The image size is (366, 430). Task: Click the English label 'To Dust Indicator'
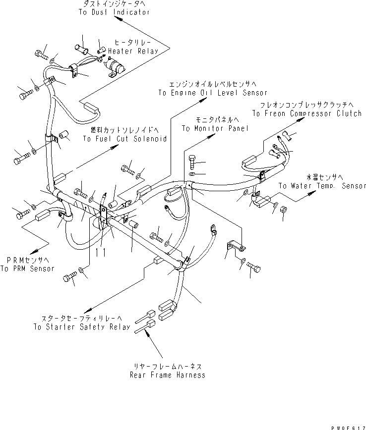click(x=114, y=12)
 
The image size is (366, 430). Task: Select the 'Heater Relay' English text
click(x=133, y=51)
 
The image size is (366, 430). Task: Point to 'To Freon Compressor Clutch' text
click(x=307, y=113)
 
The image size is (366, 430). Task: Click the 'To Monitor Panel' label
click(x=214, y=128)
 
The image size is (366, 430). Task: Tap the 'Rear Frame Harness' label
click(x=167, y=375)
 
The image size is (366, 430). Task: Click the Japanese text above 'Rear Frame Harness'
click(x=167, y=367)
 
